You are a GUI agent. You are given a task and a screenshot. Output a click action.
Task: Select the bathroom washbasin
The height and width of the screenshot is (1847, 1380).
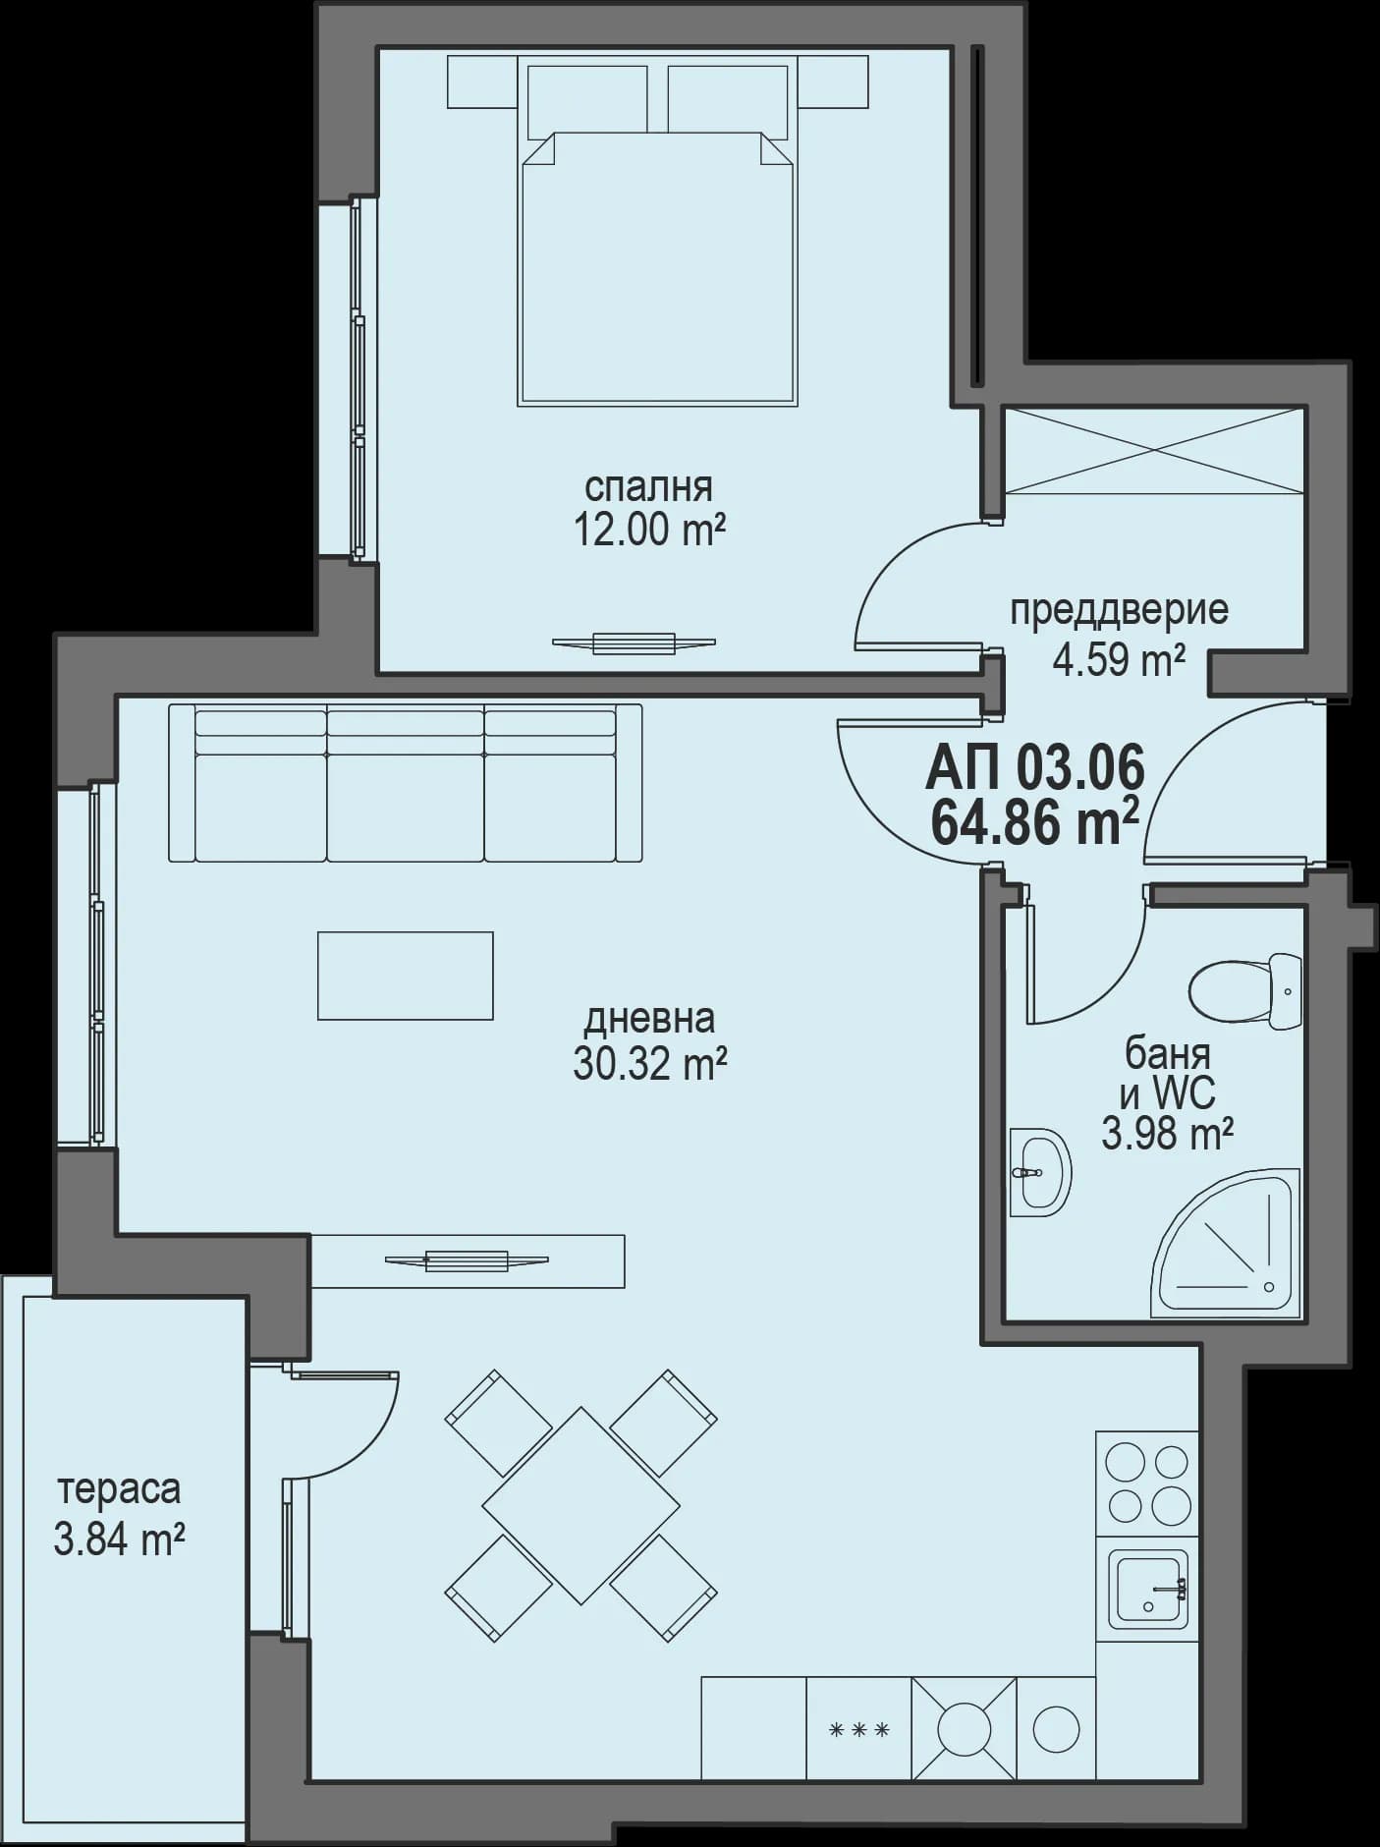[x=1039, y=1172]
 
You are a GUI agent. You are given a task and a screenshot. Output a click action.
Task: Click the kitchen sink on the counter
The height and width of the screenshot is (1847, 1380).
[x=1147, y=1590]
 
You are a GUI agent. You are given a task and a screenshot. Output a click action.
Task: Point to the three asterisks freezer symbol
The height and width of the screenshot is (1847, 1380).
[x=859, y=1730]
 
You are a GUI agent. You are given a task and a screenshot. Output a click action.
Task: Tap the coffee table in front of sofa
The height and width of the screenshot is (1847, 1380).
[x=405, y=976]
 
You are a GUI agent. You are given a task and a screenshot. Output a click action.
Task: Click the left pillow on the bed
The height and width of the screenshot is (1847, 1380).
[x=587, y=100]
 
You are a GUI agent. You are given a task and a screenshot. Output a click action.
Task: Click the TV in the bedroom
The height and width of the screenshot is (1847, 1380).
[x=634, y=644]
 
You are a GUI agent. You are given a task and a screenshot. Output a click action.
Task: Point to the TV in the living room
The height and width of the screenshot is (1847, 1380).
[x=467, y=1261]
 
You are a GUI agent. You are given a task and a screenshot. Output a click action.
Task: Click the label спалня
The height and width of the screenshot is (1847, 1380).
[x=648, y=487]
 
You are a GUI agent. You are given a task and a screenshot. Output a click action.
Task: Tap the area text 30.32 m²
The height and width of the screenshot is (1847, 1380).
[x=649, y=1064]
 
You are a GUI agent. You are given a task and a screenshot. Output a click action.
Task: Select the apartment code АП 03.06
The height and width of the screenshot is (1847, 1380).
[x=1034, y=767]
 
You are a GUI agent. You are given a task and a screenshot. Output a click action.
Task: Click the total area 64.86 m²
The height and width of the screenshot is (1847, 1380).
[x=1034, y=823]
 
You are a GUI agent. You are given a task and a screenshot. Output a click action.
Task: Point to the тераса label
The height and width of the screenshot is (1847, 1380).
[x=119, y=1488]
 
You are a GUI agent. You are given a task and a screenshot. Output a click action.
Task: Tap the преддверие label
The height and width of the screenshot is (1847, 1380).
[x=1119, y=610]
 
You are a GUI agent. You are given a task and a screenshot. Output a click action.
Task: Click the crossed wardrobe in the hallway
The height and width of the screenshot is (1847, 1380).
[x=1152, y=451]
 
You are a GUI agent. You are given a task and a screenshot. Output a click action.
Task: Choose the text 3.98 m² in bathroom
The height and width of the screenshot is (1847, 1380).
[x=1167, y=1135]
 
